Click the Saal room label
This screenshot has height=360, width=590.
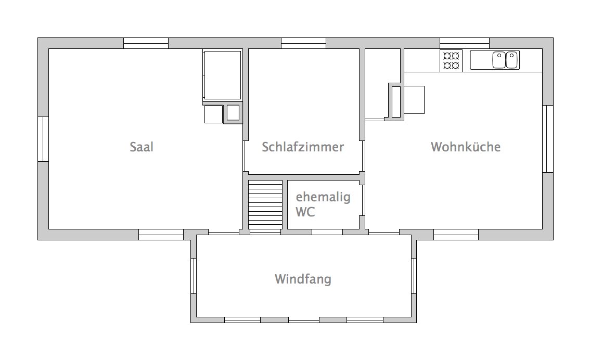click(x=142, y=147)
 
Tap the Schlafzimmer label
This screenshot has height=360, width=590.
click(x=303, y=147)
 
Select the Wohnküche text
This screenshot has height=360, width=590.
click(x=466, y=147)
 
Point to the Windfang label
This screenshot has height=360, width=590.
click(x=303, y=279)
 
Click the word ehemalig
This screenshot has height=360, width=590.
click(x=323, y=197)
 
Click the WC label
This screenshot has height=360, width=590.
click(x=305, y=212)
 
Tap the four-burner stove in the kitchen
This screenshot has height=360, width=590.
click(x=451, y=60)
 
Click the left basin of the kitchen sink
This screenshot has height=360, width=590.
click(x=499, y=60)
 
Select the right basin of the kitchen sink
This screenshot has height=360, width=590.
click(x=512, y=60)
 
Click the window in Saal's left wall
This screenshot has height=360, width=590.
click(x=43, y=139)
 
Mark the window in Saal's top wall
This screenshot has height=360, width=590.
click(x=146, y=43)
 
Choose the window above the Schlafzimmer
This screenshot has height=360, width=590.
click(x=304, y=43)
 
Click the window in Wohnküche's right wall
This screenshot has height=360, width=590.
click(x=548, y=139)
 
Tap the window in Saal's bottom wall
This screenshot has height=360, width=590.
click(x=161, y=235)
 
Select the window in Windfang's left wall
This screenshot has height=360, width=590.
click(x=194, y=276)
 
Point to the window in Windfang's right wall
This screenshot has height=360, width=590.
click(x=414, y=276)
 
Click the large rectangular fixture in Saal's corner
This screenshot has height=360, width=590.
click(x=222, y=75)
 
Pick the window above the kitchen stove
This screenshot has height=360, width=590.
click(x=465, y=43)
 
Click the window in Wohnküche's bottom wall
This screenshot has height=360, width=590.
click(x=456, y=235)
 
